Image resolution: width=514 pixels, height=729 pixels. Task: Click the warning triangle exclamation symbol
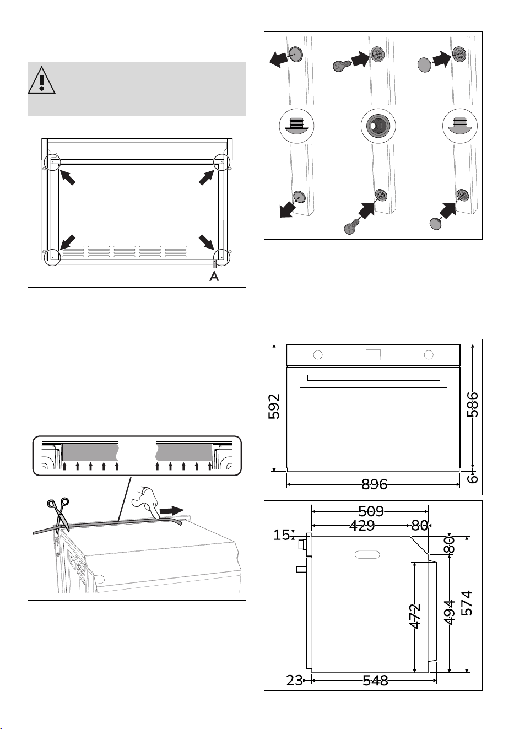pyautogui.click(x=41, y=80)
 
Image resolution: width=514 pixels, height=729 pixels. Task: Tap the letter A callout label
pyautogui.click(x=214, y=276)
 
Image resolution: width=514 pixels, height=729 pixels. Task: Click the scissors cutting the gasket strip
pyautogui.click(x=59, y=515)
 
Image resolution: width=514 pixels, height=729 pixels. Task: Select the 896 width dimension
pyautogui.click(x=375, y=484)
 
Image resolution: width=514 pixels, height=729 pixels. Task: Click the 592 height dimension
pyautogui.click(x=273, y=406)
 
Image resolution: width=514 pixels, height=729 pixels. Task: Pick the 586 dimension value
pyautogui.click(x=472, y=404)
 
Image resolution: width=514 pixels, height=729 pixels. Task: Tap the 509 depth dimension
pyautogui.click(x=371, y=511)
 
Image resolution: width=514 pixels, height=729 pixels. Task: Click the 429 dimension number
pyautogui.click(x=362, y=526)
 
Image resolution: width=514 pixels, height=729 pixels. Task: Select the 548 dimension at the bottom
pyautogui.click(x=375, y=681)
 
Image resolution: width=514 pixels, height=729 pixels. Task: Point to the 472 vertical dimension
pyautogui.click(x=415, y=617)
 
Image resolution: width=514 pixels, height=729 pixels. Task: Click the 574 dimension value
pyautogui.click(x=467, y=603)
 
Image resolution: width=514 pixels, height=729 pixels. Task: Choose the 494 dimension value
pyautogui.click(x=449, y=613)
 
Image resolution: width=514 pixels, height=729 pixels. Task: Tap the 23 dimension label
pyautogui.click(x=295, y=681)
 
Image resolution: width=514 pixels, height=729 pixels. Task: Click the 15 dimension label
pyautogui.click(x=282, y=534)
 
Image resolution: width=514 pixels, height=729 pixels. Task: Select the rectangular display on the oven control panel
pyautogui.click(x=373, y=355)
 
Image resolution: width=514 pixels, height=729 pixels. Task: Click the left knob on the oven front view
pyautogui.click(x=318, y=355)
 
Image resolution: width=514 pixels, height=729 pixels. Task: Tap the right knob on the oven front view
pyautogui.click(x=429, y=355)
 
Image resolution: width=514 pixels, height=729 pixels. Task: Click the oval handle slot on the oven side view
pyautogui.click(x=367, y=554)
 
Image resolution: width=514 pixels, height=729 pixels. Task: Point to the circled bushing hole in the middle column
pyautogui.click(x=378, y=126)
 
